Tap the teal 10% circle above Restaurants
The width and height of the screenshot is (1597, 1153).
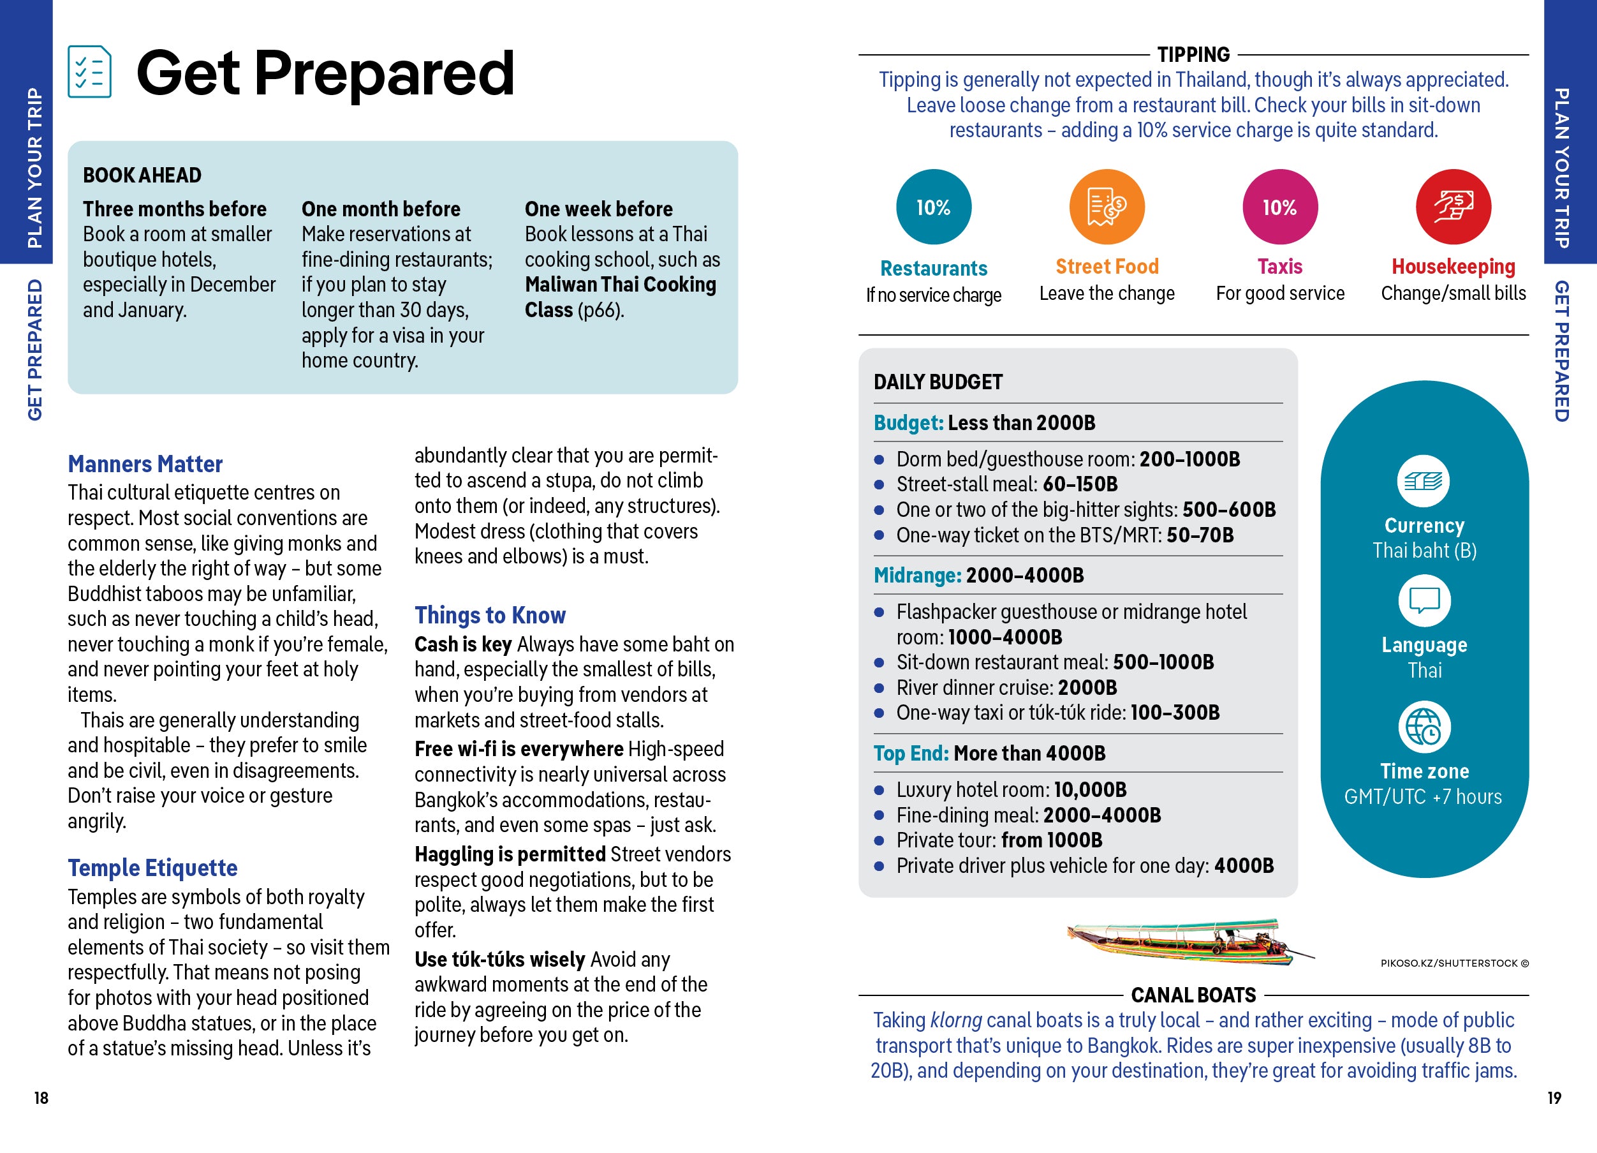[x=933, y=207]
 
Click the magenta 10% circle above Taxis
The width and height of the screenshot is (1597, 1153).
[x=1279, y=207]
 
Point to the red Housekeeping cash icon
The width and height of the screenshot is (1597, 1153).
[x=1453, y=207]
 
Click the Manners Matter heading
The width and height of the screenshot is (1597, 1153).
[x=145, y=464]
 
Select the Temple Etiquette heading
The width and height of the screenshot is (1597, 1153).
[x=152, y=868]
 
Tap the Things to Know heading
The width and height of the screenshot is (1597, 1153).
[x=489, y=615]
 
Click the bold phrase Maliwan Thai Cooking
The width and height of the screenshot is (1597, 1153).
[x=621, y=285]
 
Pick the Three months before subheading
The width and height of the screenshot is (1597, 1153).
[x=175, y=209]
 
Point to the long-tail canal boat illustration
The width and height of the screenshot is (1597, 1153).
[x=1189, y=942]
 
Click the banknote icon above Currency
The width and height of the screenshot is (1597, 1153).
[x=1423, y=481]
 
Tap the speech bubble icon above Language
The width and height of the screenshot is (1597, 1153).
[x=1424, y=601]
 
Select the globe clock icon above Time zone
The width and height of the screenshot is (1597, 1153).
[x=1424, y=727]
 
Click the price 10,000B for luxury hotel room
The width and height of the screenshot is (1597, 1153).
[x=1090, y=789]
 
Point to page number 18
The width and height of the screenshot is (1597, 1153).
[x=41, y=1097]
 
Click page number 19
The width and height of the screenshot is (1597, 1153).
[x=1554, y=1097]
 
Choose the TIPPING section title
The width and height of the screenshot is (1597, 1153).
[x=1193, y=55]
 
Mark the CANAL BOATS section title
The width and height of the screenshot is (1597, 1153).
[x=1193, y=995]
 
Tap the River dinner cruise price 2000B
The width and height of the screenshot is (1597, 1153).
[x=1087, y=687]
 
